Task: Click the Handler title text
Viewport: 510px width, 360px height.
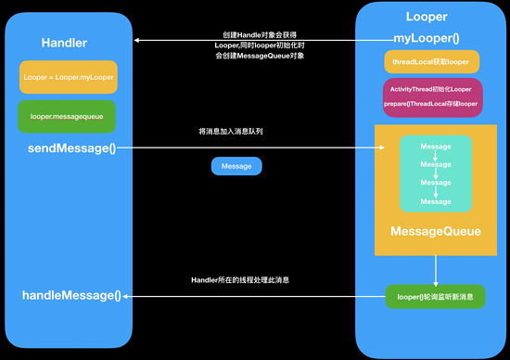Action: [x=64, y=44]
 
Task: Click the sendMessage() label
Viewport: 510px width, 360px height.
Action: [x=64, y=148]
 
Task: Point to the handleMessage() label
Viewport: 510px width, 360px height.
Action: [x=71, y=295]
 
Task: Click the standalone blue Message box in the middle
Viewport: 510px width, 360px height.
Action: [x=236, y=167]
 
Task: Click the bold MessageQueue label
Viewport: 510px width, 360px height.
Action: [x=435, y=231]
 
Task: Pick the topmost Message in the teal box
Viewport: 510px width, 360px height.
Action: [x=435, y=147]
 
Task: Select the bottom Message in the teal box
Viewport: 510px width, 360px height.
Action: [x=435, y=200]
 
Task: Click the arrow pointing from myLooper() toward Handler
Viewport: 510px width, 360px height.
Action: [x=260, y=40]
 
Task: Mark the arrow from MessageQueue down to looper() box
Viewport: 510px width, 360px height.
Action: [x=435, y=271]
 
